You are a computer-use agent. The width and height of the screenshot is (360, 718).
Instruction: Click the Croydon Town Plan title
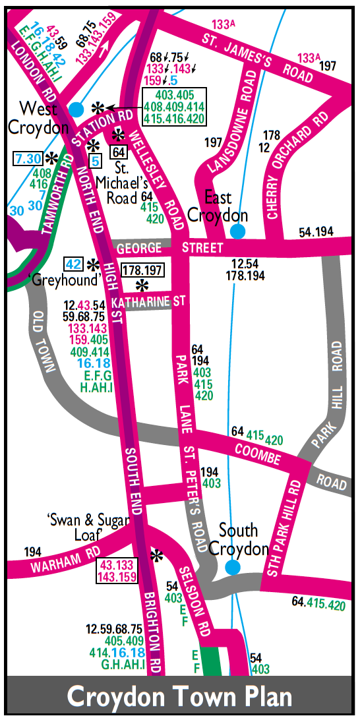click(x=180, y=697)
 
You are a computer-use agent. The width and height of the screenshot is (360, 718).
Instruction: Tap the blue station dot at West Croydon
click(x=77, y=108)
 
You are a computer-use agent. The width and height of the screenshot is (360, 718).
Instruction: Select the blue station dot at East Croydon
click(x=237, y=231)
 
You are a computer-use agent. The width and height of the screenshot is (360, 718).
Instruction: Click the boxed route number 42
click(x=74, y=264)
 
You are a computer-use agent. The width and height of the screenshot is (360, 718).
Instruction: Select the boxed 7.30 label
click(x=28, y=158)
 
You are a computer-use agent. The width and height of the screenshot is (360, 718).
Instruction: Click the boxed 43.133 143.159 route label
click(x=118, y=570)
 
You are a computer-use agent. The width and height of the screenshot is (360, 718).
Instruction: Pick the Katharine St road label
click(x=148, y=302)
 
